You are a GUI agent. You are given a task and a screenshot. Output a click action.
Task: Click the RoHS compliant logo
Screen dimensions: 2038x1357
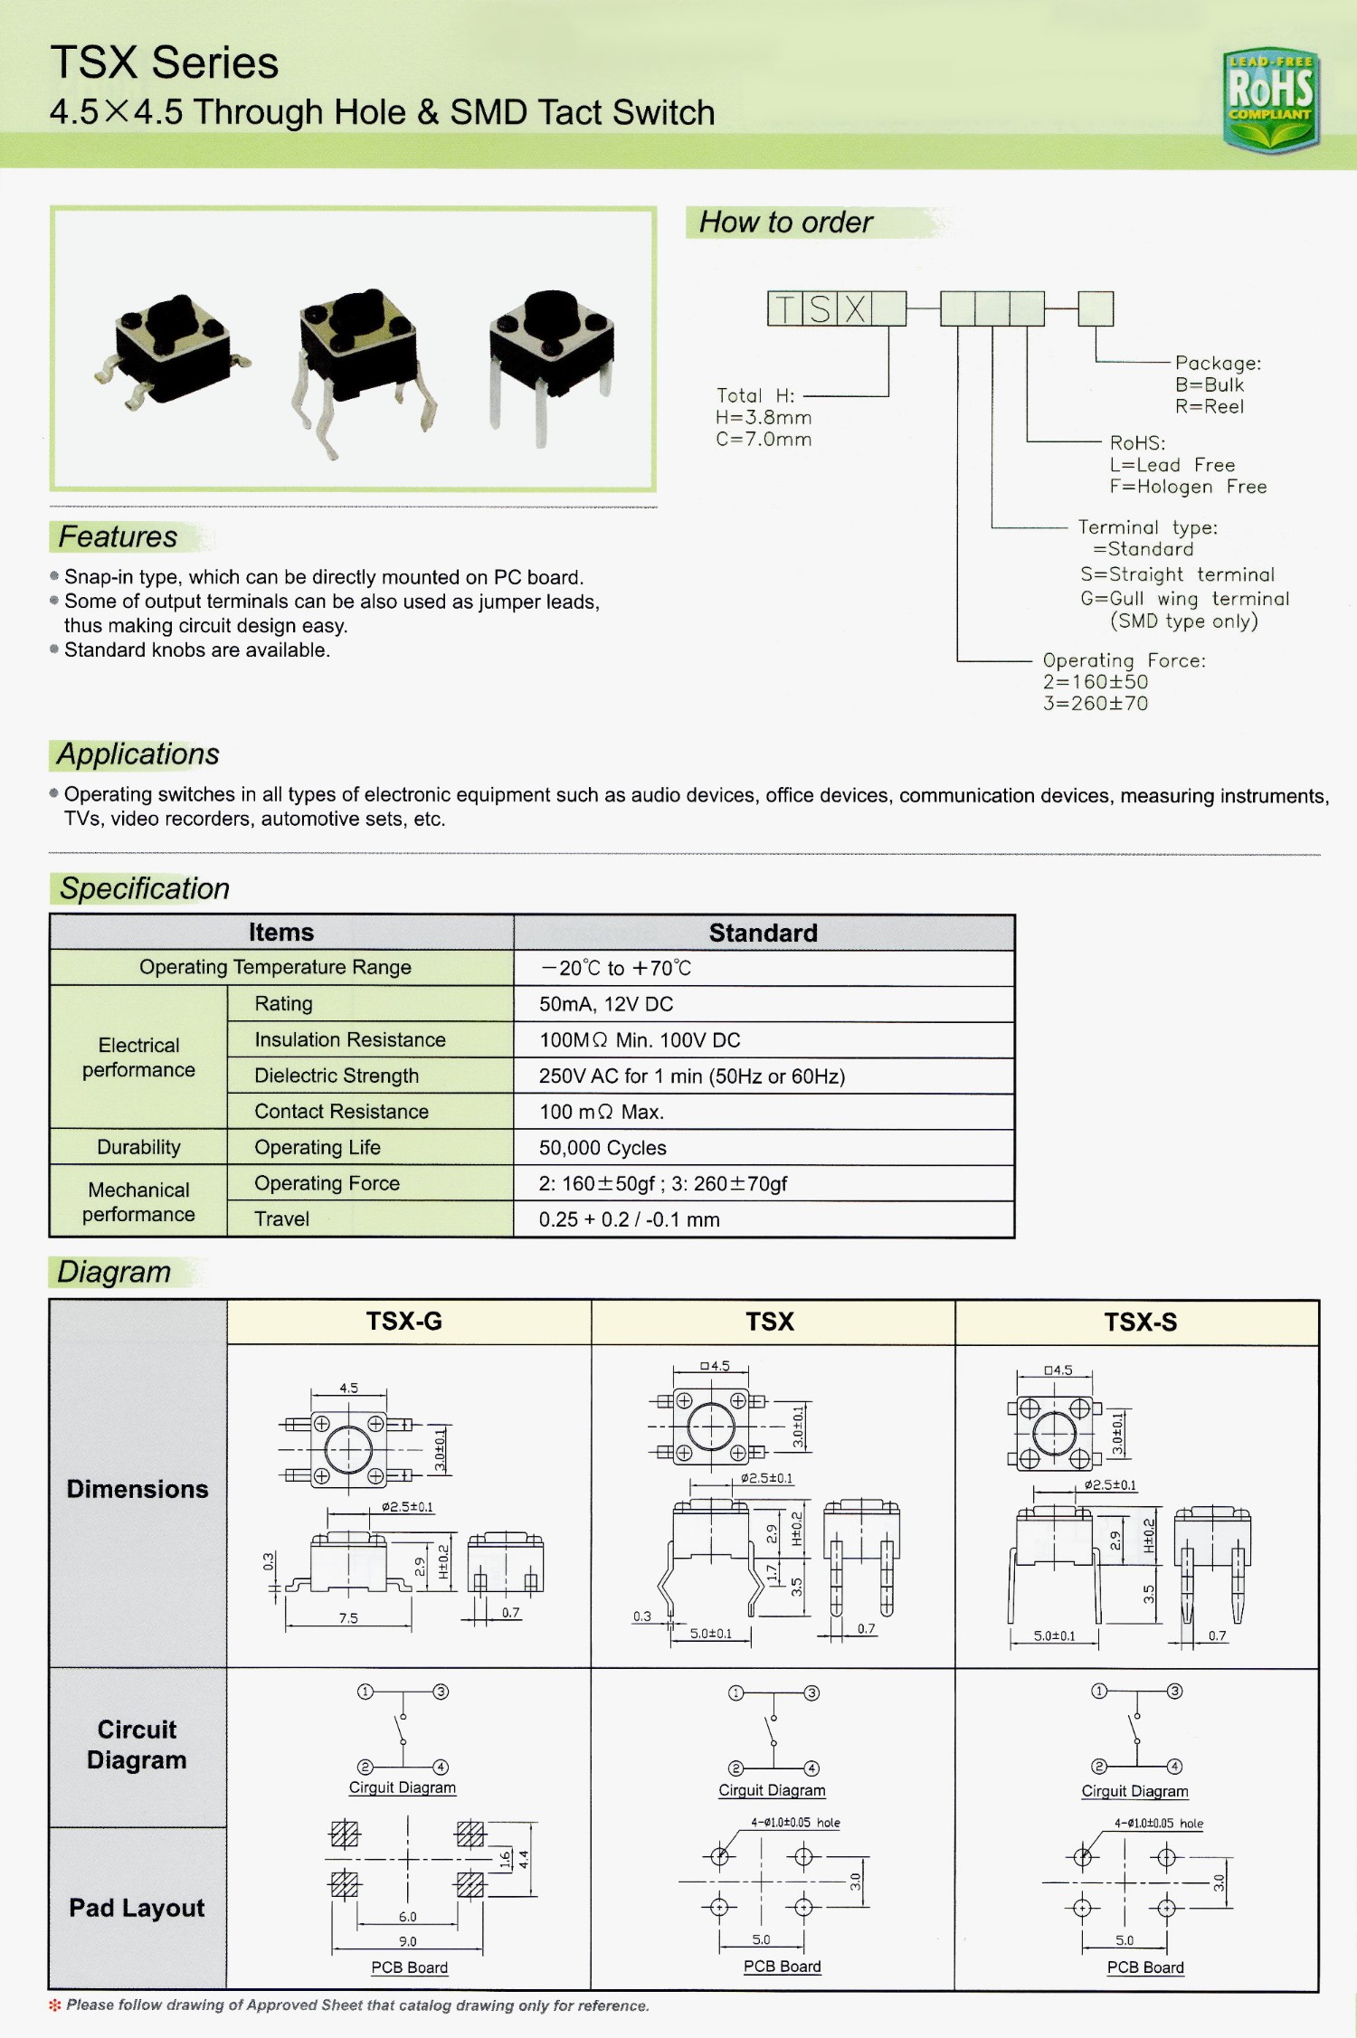click(1271, 100)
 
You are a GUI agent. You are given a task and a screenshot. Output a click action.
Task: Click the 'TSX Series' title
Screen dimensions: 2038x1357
click(165, 62)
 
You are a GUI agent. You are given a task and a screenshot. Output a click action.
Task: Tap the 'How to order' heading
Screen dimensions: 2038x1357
click(785, 223)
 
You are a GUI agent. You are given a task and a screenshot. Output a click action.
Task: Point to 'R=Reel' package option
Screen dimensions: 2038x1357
click(1210, 407)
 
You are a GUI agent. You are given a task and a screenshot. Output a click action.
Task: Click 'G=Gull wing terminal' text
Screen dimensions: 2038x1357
click(1184, 599)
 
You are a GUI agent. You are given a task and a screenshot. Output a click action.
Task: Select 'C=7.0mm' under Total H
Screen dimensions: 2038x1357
click(764, 440)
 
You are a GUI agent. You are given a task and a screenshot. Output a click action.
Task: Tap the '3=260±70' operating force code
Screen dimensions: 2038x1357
click(1095, 704)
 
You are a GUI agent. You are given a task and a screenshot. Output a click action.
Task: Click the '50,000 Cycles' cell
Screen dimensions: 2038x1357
click(603, 1148)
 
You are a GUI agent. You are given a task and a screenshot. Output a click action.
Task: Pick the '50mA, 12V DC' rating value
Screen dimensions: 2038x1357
click(606, 1004)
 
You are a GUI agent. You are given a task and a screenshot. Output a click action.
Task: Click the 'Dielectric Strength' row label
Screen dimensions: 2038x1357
click(337, 1076)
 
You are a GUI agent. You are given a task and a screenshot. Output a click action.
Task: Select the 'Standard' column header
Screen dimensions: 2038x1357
click(763, 933)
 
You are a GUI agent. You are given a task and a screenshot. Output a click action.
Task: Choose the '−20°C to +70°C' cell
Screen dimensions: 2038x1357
click(616, 968)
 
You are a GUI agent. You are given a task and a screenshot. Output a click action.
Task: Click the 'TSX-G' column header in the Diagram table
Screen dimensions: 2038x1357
click(404, 1322)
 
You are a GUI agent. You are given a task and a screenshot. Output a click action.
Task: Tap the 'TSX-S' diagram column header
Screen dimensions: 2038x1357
click(1140, 1322)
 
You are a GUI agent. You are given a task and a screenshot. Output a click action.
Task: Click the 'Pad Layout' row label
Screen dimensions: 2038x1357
click(137, 1908)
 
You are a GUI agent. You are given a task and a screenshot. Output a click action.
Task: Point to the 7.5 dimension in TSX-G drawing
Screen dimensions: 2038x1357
click(348, 1618)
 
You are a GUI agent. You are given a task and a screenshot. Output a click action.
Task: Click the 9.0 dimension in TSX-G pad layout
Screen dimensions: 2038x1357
click(408, 1941)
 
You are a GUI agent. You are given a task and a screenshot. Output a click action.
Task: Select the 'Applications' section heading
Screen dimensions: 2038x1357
click(138, 754)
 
